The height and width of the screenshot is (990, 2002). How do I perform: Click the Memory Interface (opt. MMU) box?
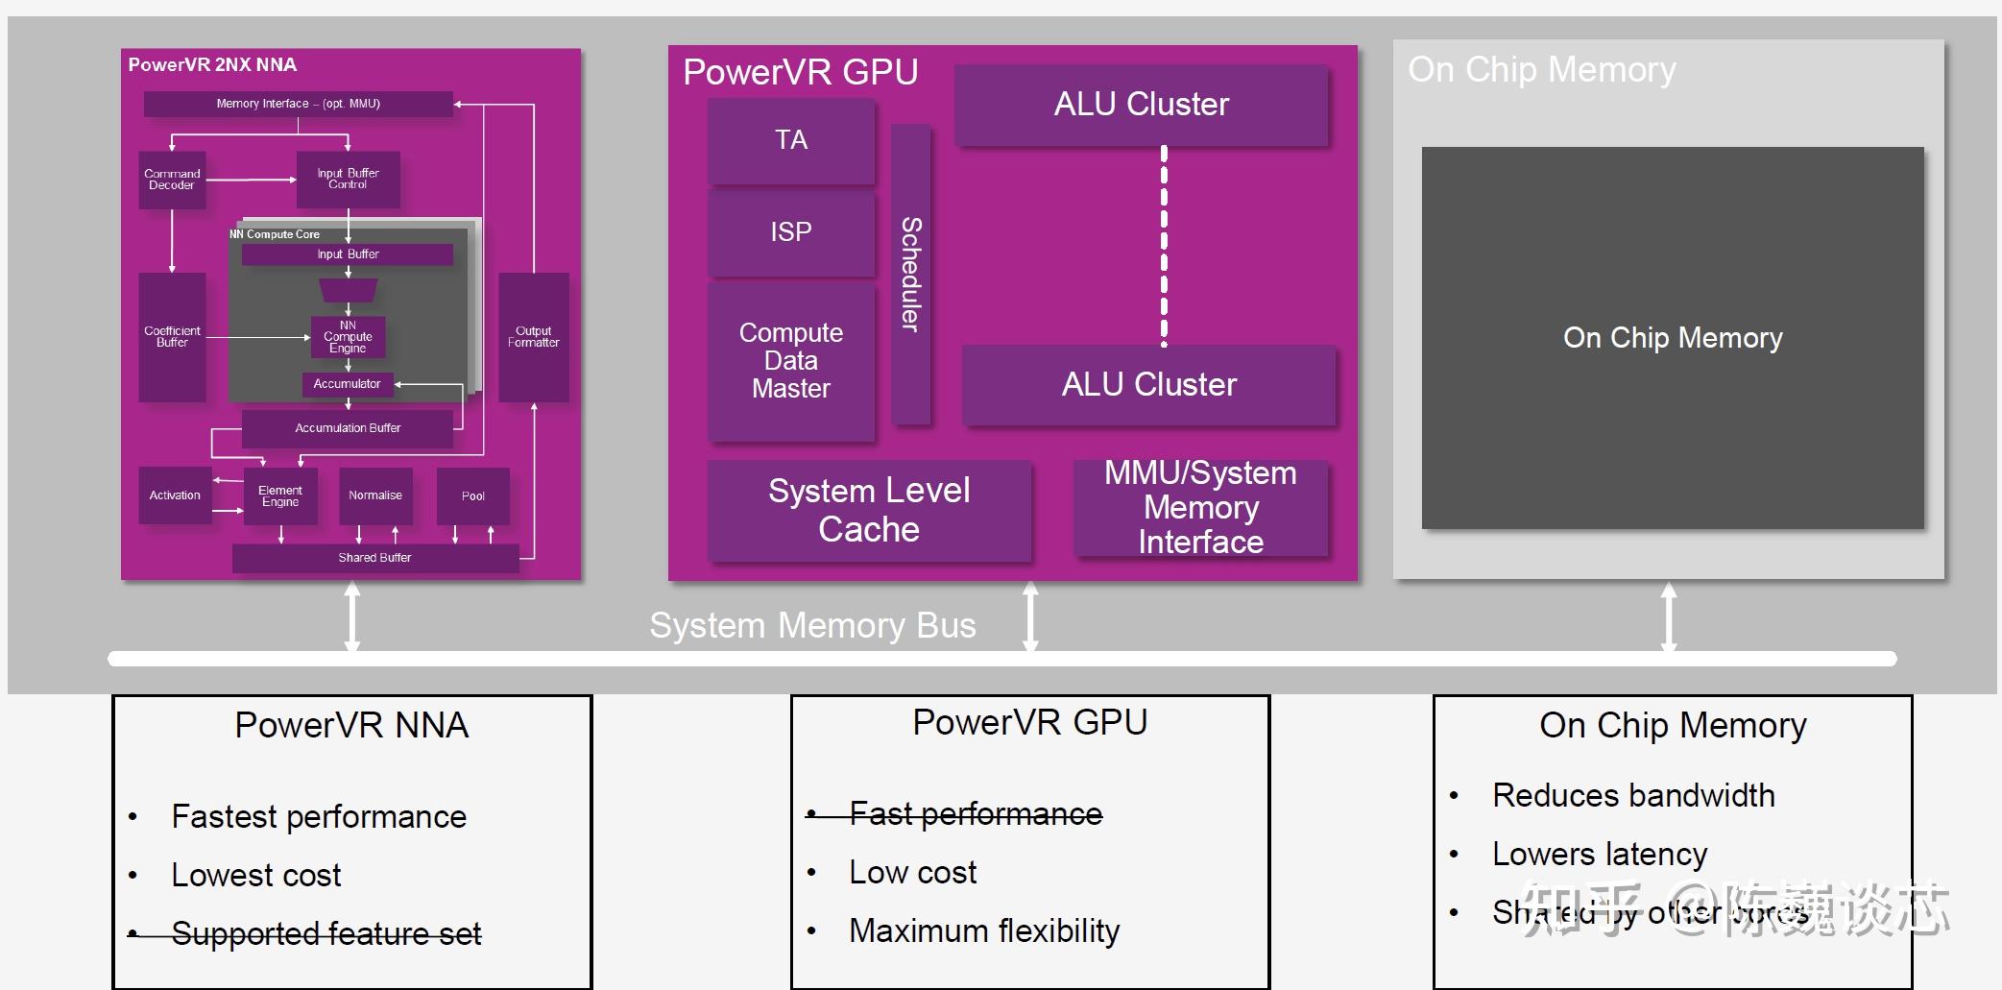tap(298, 104)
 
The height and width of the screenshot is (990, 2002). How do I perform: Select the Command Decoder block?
tap(173, 180)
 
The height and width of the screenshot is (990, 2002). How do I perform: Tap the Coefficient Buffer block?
tap(173, 336)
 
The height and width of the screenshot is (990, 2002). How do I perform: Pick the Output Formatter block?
tap(534, 336)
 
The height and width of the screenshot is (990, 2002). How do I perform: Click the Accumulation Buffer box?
tap(347, 428)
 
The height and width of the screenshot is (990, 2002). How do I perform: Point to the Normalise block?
tap(375, 495)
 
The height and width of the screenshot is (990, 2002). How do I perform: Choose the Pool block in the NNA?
tap(472, 495)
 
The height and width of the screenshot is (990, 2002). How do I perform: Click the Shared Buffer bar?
tap(374, 558)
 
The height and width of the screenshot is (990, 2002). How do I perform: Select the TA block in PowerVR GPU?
tap(791, 140)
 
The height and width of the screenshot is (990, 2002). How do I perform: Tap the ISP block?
tap(791, 232)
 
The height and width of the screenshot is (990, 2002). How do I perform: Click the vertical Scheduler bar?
tap(910, 274)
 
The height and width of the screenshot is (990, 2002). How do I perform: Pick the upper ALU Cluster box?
tap(1141, 105)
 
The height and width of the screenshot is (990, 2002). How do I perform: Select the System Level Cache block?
tap(869, 510)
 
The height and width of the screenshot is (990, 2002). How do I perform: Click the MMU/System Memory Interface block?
tap(1200, 508)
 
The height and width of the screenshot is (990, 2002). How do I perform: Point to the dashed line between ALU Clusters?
tap(1164, 245)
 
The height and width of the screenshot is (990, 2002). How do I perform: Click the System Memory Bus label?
tap(812, 626)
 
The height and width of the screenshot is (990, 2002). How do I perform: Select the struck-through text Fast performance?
tap(975, 814)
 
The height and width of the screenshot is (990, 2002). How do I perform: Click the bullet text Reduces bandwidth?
tap(1632, 796)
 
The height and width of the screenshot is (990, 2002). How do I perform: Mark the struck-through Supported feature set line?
tap(326, 933)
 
